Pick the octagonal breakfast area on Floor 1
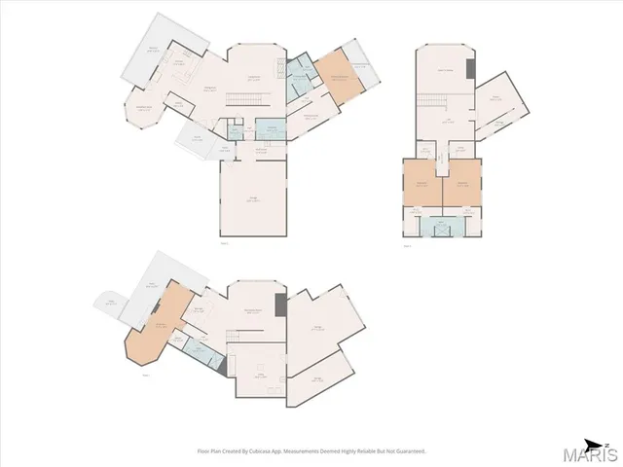click(x=143, y=109)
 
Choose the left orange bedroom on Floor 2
click(x=422, y=185)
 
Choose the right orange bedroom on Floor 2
click(x=461, y=185)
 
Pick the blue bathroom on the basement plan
click(x=202, y=350)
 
